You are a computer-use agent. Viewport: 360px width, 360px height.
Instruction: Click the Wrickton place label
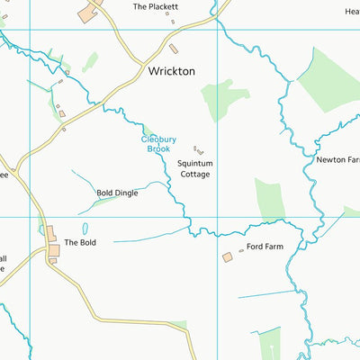[171, 70]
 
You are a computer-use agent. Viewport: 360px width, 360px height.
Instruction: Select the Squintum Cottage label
[194, 168]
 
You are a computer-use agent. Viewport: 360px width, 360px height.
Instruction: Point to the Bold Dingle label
[117, 193]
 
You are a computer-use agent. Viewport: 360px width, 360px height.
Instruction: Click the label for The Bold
[79, 242]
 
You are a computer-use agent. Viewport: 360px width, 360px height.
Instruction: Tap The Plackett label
[156, 6]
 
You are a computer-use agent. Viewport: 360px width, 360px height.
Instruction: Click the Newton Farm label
[337, 159]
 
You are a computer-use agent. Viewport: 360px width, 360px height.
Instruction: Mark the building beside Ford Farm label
[228, 257]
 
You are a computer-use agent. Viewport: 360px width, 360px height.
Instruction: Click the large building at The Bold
[51, 233]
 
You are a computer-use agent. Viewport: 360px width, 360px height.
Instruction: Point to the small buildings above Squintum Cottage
[199, 151]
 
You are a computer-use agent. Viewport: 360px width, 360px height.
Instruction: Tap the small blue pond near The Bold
[85, 229]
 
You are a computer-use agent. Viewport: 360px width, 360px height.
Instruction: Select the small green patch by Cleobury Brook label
[147, 131]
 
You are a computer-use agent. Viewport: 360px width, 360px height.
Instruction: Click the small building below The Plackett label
[174, 48]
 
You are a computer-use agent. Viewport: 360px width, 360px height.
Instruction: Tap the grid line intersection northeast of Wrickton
[217, 30]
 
